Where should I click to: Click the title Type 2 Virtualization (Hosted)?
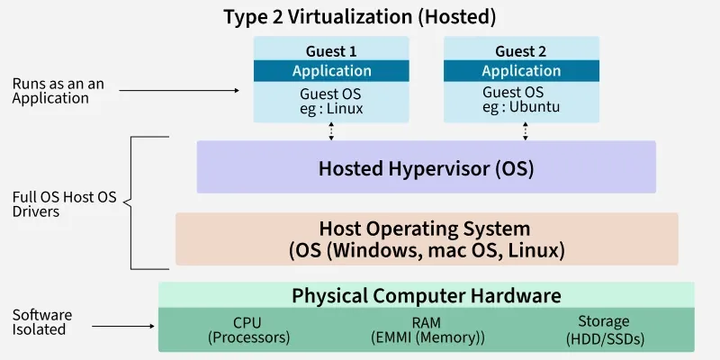359,16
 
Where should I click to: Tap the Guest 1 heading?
331,51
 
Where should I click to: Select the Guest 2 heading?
521,51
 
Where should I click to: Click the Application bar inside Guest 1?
331,71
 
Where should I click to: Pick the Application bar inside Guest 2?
521,71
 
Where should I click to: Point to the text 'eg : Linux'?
331,107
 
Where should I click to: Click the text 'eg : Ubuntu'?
521,107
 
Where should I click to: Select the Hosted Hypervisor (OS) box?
427,167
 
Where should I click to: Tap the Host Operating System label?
425,229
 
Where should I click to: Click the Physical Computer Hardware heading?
427,295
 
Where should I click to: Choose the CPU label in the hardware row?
248,321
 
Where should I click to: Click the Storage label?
604,321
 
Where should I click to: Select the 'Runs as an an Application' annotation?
58,91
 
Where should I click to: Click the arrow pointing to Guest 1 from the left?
180,90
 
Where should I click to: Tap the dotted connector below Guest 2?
526,131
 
